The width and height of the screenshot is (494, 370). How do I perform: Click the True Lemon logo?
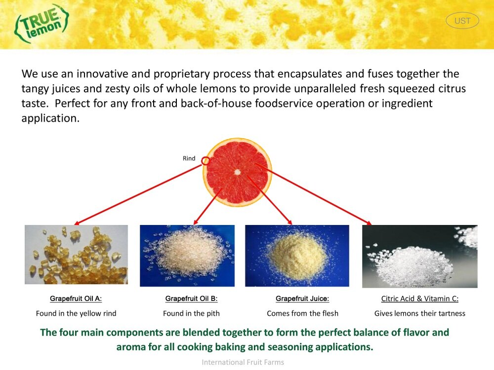(x=41, y=23)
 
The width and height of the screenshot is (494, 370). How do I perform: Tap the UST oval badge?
(x=462, y=21)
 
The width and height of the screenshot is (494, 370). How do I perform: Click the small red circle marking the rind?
(x=206, y=161)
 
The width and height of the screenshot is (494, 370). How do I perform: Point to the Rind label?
(x=189, y=158)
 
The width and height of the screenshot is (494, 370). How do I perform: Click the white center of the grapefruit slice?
(x=237, y=172)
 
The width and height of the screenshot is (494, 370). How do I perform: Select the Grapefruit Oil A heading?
(x=76, y=298)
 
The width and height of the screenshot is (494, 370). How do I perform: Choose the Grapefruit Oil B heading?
(x=191, y=298)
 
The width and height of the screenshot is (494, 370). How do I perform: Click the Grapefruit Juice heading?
(x=302, y=298)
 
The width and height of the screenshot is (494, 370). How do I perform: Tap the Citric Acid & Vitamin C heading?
(x=419, y=298)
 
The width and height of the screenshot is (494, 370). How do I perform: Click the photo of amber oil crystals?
(x=76, y=255)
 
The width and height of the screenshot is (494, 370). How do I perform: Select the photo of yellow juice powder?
(x=297, y=256)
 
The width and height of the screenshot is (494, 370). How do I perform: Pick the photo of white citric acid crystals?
(x=419, y=256)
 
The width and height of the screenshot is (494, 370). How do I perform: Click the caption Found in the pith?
(x=191, y=313)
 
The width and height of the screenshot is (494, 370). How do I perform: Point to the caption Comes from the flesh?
(x=302, y=313)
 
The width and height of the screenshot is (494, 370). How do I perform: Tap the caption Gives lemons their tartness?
(x=419, y=313)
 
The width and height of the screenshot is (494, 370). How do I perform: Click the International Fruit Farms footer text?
(x=243, y=363)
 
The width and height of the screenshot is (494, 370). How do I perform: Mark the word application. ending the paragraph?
(x=50, y=118)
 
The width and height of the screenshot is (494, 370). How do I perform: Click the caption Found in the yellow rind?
(x=76, y=313)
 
